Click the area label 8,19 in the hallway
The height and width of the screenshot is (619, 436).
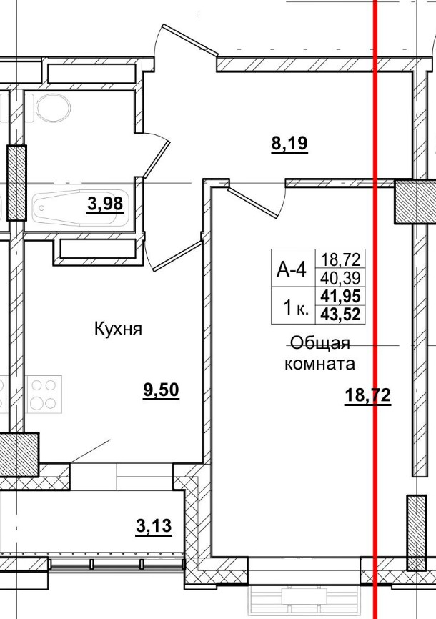[x=289, y=144]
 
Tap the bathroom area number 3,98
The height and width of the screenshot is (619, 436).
[x=105, y=205]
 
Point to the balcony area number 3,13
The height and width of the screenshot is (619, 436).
[x=154, y=527]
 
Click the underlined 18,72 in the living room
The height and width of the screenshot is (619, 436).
[x=367, y=395]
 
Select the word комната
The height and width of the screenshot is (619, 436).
[x=320, y=364]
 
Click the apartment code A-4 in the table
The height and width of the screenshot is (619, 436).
[x=292, y=269]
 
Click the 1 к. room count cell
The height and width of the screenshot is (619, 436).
[x=294, y=309]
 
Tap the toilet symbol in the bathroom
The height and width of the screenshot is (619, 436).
[x=51, y=109]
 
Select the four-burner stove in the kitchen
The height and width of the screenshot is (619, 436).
[x=44, y=393]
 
